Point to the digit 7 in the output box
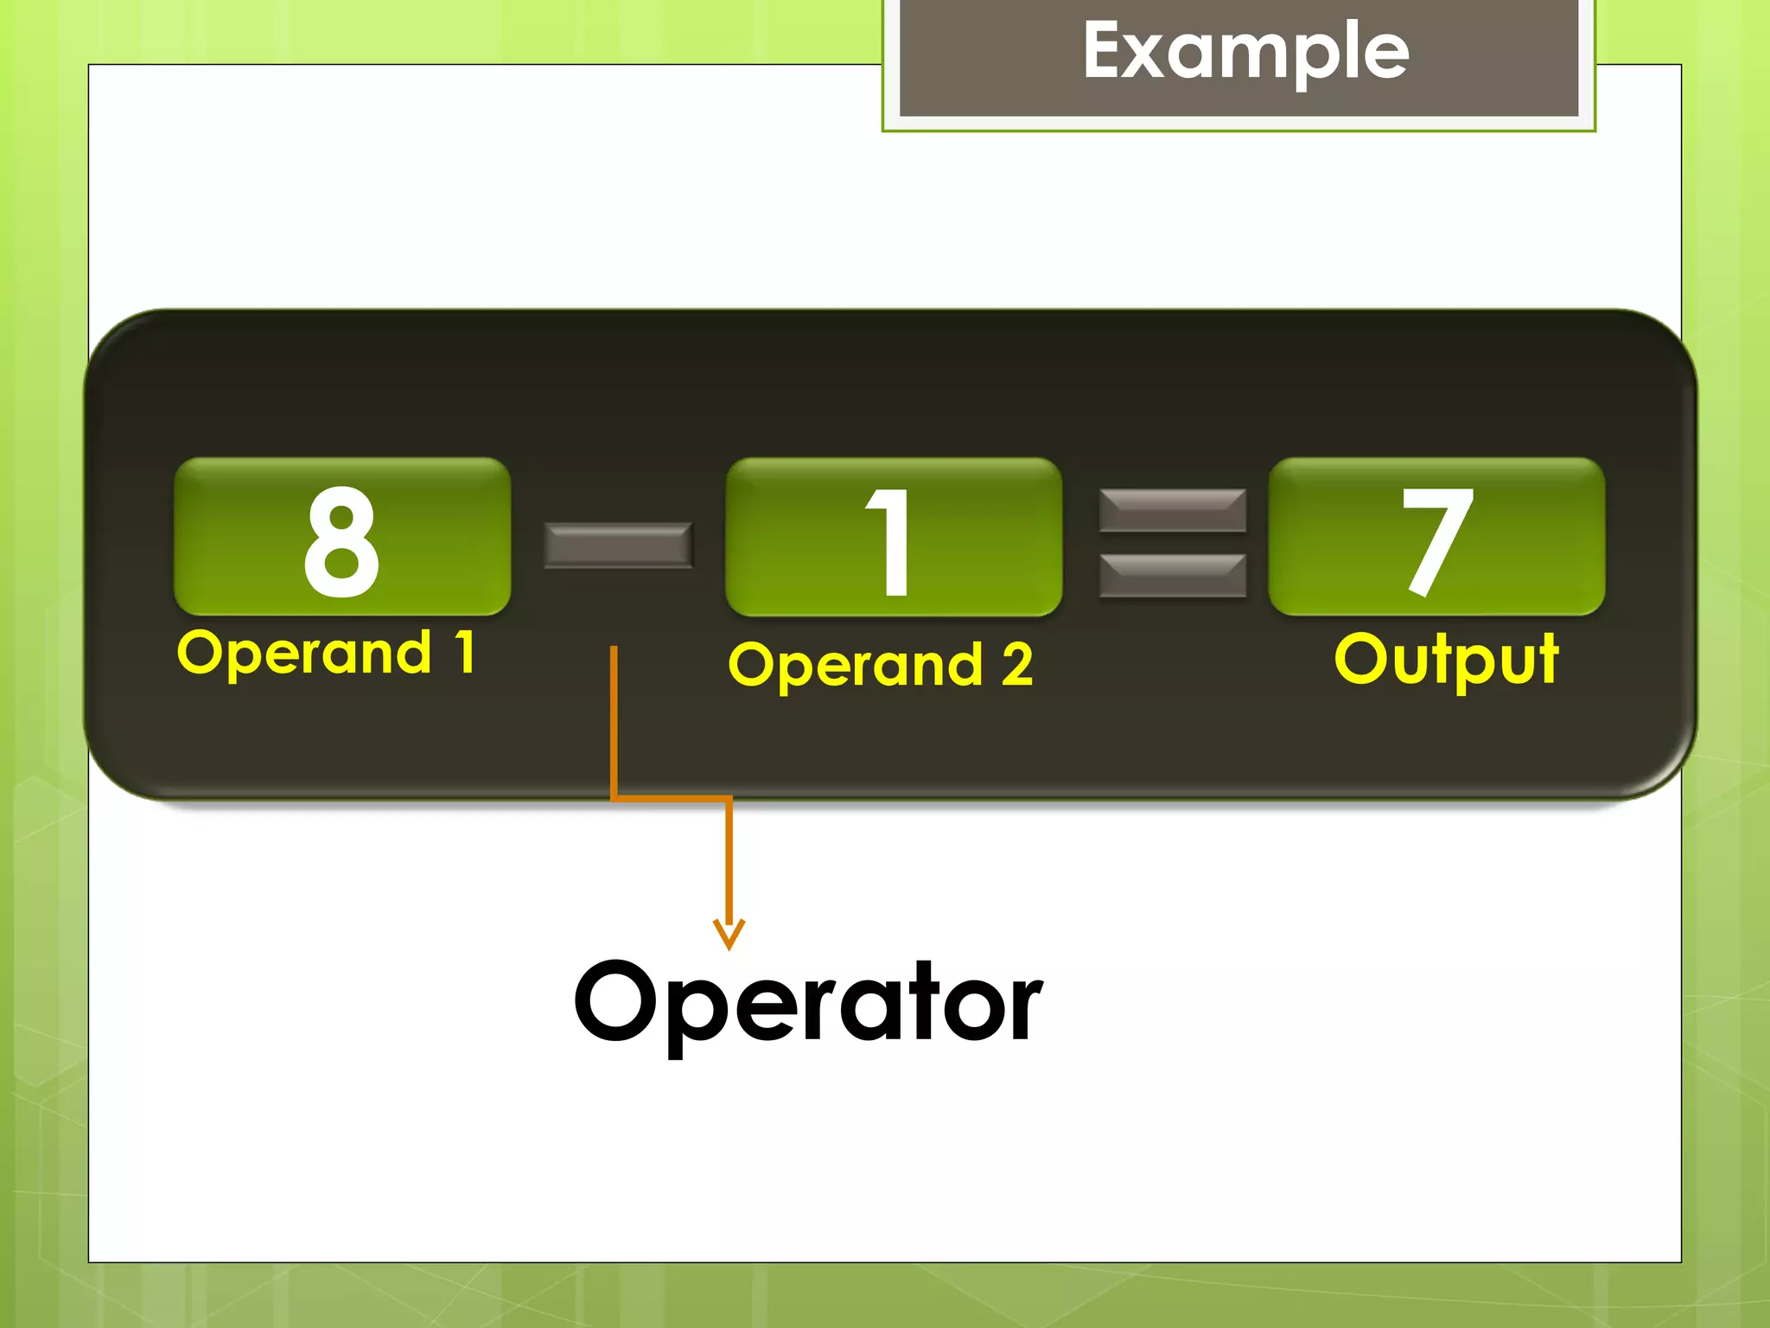[x=1436, y=539]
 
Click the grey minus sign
[x=618, y=545]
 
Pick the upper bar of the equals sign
[x=1172, y=510]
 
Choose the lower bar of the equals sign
[x=1172, y=576]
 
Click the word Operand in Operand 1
[x=303, y=654]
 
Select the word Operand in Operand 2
[x=856, y=666]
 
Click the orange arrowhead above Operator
[x=729, y=934]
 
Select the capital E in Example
[x=1105, y=50]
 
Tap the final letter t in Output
[x=1546, y=659]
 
